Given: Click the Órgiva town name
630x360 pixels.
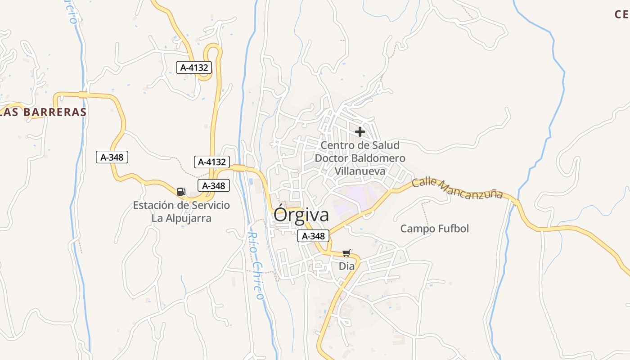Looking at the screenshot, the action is [301, 215].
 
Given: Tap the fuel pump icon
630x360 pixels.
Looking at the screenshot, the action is [181, 192].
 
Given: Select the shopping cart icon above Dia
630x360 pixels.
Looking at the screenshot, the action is [346, 253].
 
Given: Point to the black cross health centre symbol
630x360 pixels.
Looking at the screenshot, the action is [360, 132].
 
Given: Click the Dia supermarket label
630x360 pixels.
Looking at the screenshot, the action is [346, 266].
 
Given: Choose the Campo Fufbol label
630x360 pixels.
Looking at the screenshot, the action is [435, 229].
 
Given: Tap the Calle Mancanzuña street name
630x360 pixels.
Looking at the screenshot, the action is [457, 189].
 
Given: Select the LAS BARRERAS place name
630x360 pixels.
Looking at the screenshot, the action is [43, 112].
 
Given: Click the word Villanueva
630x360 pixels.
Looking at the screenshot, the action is [360, 171].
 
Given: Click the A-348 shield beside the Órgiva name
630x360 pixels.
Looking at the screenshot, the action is [313, 236].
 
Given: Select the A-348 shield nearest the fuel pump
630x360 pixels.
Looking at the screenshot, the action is [214, 185].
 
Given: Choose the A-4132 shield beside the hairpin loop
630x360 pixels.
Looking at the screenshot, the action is [194, 68].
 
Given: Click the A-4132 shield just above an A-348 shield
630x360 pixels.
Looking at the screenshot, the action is [212, 162].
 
